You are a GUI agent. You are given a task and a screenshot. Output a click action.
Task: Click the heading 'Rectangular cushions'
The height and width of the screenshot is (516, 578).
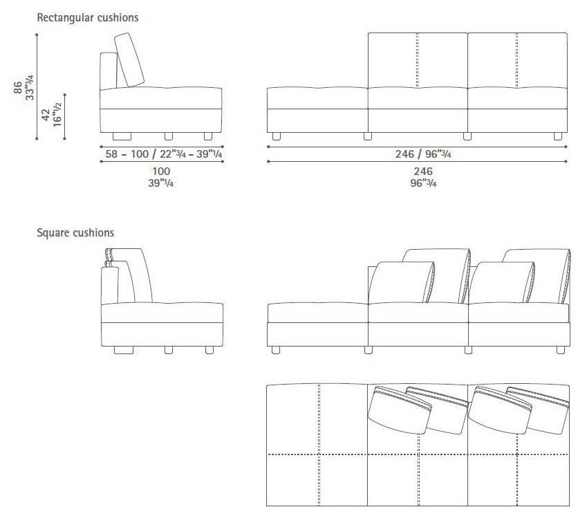(87, 18)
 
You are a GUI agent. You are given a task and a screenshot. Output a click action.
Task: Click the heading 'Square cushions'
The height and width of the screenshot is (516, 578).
(75, 232)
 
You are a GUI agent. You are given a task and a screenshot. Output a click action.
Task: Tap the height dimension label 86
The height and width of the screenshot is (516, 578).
(18, 87)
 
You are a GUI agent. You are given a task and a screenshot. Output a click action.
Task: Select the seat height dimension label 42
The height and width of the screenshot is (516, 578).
(46, 114)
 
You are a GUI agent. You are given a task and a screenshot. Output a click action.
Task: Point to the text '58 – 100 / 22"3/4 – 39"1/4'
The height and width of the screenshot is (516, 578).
(164, 154)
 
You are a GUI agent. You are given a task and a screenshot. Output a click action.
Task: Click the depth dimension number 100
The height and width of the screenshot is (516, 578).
(161, 171)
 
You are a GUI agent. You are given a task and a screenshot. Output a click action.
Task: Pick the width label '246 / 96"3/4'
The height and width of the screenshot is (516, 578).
(423, 154)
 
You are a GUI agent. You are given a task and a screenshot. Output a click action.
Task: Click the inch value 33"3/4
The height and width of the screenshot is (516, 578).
(30, 87)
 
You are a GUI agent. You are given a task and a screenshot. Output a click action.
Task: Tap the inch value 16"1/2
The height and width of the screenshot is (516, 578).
(57, 114)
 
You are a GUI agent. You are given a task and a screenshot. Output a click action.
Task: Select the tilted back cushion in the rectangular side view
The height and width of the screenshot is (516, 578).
(129, 59)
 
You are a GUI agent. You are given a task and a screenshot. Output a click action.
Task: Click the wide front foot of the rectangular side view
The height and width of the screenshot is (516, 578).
(122, 136)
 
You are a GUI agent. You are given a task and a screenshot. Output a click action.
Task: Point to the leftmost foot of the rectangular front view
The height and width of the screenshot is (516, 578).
(276, 136)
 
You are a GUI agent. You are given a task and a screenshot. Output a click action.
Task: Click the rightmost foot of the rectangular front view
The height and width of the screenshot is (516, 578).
(558, 136)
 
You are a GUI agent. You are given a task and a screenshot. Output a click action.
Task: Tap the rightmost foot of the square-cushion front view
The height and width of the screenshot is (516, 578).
(561, 350)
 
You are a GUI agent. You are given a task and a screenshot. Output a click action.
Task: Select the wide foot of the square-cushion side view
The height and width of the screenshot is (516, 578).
(124, 350)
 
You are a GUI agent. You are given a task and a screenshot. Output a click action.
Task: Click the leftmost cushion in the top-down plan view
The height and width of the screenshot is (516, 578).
(400, 409)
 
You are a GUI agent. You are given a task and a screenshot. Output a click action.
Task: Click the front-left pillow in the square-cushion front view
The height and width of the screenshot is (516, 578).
(402, 283)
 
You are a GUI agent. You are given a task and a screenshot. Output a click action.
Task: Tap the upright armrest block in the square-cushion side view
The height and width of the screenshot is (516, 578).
(110, 286)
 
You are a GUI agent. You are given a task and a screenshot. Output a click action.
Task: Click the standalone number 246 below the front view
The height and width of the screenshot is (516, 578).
(423, 171)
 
